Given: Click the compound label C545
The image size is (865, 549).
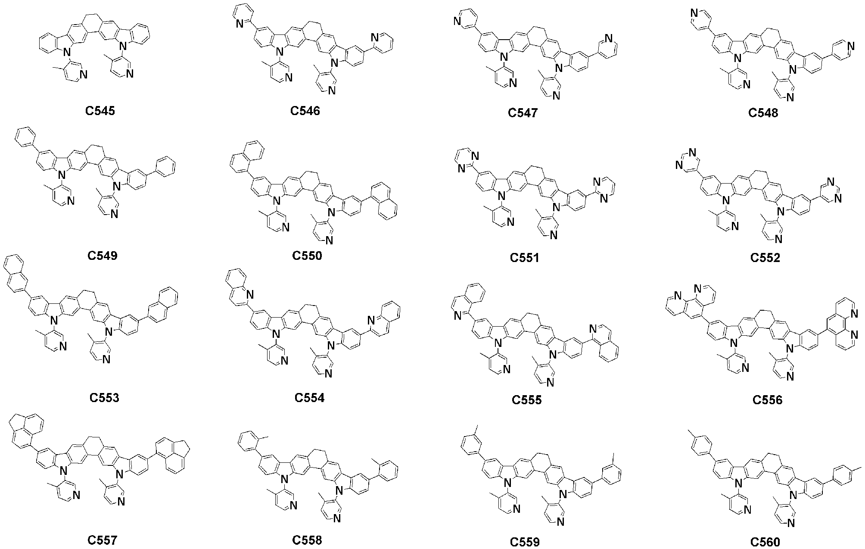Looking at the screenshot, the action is [100, 111].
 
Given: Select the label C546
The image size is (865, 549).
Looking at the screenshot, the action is [305, 111].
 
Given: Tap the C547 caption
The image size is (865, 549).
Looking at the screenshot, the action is [523, 113].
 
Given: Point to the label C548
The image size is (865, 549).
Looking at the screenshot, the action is [763, 113].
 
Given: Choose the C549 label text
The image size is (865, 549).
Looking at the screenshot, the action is [103, 256].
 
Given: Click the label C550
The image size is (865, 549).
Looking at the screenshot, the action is [307, 256].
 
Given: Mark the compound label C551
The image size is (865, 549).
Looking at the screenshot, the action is [525, 258].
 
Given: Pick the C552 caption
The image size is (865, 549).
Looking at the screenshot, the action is [765, 258].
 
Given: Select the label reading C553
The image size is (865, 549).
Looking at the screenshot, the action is [104, 398].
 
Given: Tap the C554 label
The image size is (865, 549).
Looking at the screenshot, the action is [309, 398].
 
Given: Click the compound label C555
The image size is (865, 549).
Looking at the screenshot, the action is [526, 400].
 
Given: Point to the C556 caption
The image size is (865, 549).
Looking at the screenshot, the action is [767, 400].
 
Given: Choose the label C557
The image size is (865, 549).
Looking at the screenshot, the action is [102, 540].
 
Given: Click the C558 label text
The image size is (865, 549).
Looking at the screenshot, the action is [307, 540].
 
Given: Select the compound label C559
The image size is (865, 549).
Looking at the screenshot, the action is [525, 542].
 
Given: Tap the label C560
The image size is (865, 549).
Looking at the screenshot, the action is [765, 542].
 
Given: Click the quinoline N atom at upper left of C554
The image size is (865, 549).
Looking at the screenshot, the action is [250, 295].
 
